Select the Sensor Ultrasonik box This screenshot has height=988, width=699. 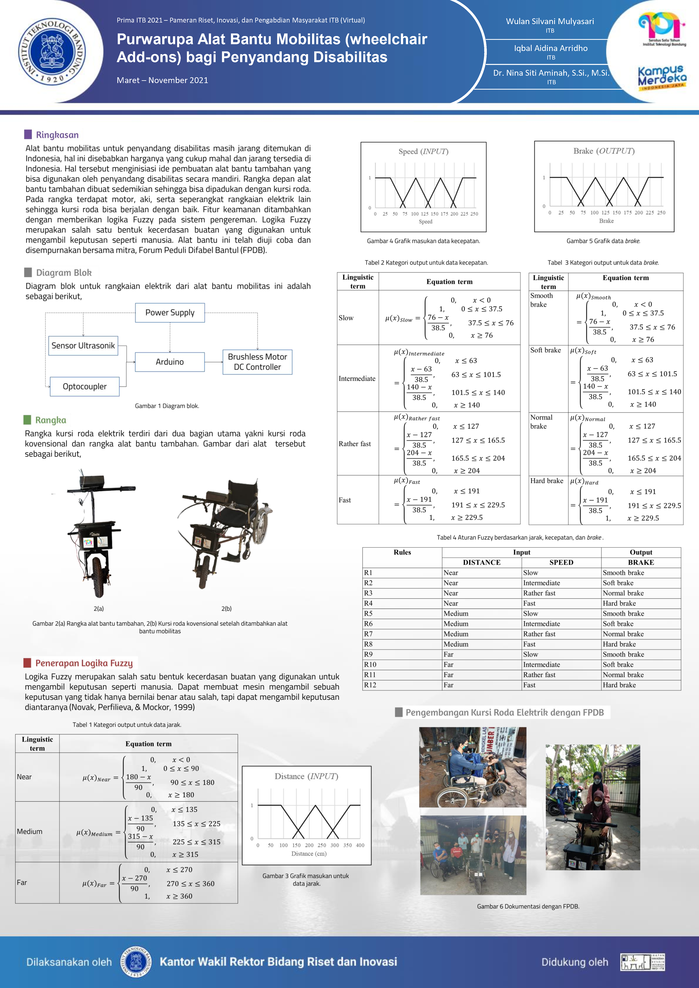click(83, 346)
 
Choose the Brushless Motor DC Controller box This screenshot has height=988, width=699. click(257, 362)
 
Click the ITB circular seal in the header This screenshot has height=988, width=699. click(52, 52)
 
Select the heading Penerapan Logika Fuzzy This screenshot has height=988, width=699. click(84, 663)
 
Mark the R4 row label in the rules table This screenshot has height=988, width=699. click(368, 603)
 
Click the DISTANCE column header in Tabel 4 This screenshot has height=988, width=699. click(482, 562)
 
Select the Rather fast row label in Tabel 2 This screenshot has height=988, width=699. click(355, 444)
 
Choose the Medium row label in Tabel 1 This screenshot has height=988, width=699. click(30, 831)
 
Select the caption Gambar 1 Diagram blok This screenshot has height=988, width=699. click(167, 406)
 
